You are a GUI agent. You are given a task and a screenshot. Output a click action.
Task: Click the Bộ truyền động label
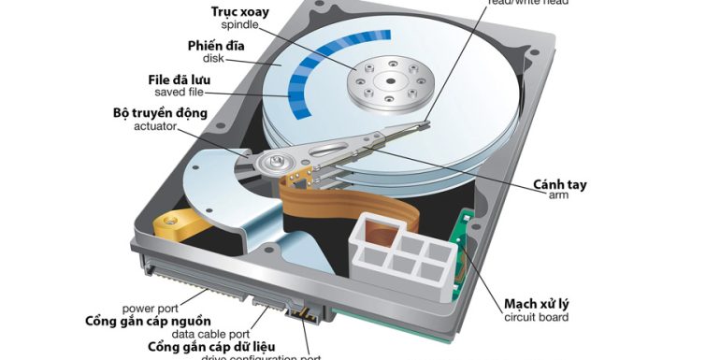160,112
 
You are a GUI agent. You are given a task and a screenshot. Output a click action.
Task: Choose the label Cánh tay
560,184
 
